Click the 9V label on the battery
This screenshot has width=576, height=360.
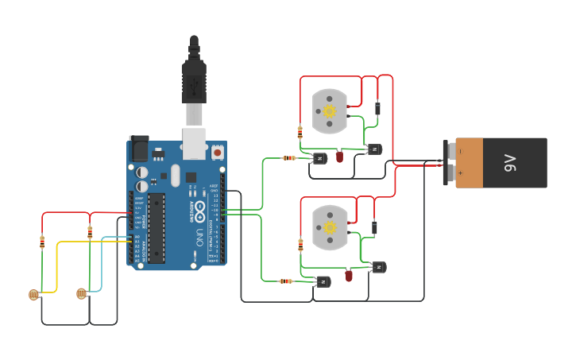510,163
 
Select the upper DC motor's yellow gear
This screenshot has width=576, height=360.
330,111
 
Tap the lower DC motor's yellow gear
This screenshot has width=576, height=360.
330,227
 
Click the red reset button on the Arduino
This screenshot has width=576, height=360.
217,151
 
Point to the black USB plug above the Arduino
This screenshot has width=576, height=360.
194,75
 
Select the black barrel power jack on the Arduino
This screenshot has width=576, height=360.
138,149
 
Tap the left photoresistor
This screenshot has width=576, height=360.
33,295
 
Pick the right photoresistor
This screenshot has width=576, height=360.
81,294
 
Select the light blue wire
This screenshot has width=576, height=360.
102,262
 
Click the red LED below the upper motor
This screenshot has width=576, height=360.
339,157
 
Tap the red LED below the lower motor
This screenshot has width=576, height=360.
349,276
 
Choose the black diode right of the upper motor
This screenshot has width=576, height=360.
377,108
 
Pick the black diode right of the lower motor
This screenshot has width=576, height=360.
374,228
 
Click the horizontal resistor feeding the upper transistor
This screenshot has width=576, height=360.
289,158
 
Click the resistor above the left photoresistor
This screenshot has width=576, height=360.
42,242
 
